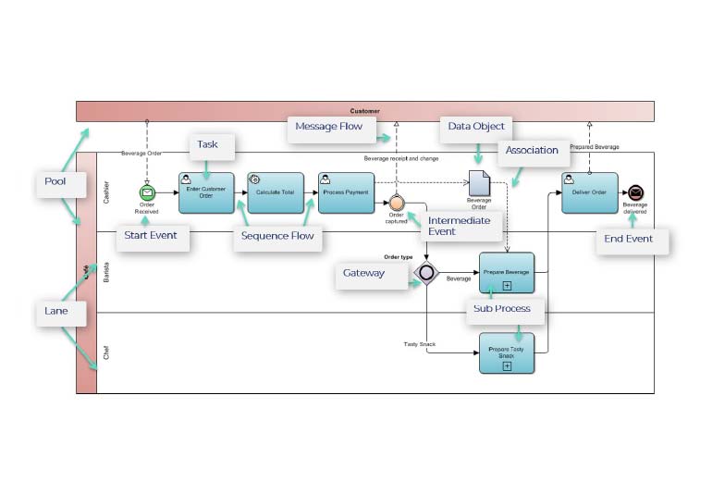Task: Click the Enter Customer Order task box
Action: click(x=206, y=192)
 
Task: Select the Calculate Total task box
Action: click(x=276, y=192)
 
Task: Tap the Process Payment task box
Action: click(x=346, y=192)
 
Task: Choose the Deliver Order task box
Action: click(x=589, y=192)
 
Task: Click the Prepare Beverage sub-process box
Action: click(x=507, y=273)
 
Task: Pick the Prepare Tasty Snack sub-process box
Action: click(x=507, y=353)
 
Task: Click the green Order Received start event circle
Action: click(x=147, y=192)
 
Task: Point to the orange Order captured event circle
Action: click(x=397, y=203)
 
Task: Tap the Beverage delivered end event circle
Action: click(x=635, y=192)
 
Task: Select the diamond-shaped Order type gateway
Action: click(x=425, y=273)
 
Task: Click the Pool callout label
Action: click(x=55, y=181)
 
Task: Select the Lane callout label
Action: click(x=56, y=312)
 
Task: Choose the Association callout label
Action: click(x=533, y=150)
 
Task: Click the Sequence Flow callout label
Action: click(x=277, y=237)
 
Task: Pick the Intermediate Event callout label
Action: click(x=459, y=226)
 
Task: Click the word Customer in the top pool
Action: click(x=365, y=111)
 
